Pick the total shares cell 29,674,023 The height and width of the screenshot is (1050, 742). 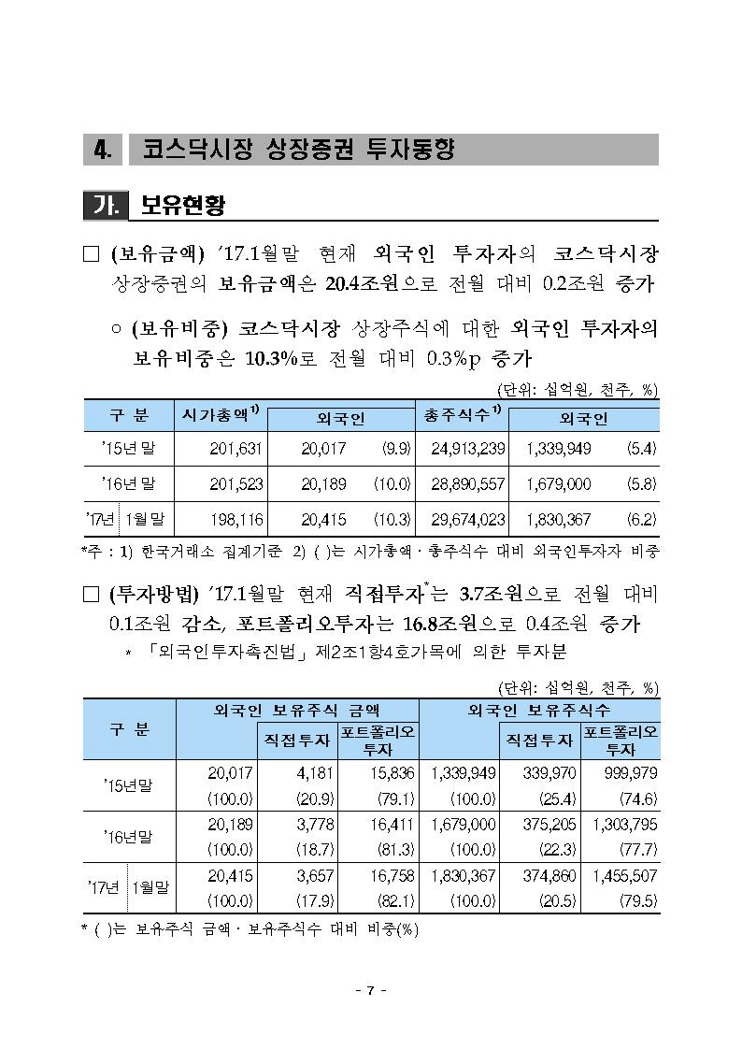click(468, 519)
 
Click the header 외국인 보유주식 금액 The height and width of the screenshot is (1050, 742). click(297, 710)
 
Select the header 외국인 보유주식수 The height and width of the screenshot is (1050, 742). click(539, 710)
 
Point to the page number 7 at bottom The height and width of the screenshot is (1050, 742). click(371, 991)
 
